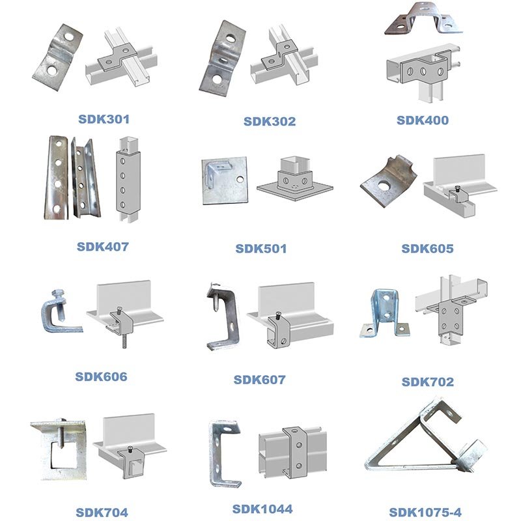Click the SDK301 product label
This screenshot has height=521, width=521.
(x=104, y=119)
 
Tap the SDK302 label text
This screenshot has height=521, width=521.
(x=270, y=121)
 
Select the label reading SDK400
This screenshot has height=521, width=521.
(x=423, y=120)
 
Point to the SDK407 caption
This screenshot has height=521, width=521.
(x=103, y=247)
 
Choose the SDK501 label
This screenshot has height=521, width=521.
(x=261, y=249)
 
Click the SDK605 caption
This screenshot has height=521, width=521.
(x=427, y=249)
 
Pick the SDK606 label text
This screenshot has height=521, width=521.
(x=101, y=377)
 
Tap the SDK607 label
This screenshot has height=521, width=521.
(x=259, y=380)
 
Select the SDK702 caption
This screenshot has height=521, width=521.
(x=428, y=382)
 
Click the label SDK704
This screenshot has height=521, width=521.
(x=102, y=513)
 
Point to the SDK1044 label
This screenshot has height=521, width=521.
(x=262, y=509)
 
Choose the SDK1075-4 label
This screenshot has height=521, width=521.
(x=425, y=513)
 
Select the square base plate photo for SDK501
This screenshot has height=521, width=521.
(x=225, y=180)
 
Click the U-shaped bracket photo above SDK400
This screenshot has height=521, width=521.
(x=423, y=18)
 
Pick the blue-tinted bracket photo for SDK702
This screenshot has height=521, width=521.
(x=384, y=313)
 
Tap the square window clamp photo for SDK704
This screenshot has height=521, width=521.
(x=59, y=449)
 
